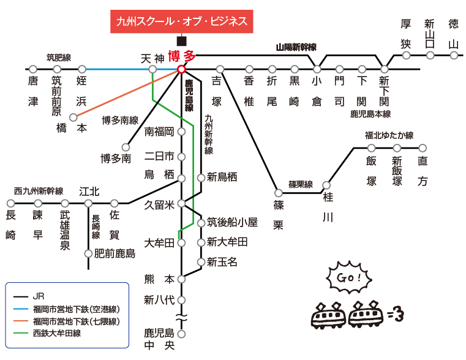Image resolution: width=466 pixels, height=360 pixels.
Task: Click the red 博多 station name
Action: [x=182, y=56]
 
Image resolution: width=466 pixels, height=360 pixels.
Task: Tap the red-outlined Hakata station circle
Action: [x=181, y=70]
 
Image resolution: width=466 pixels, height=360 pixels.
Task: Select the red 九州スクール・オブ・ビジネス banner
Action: [x=182, y=21]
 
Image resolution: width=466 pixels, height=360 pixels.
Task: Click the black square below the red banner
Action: [x=182, y=41]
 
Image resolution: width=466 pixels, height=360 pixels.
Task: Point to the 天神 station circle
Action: [x=152, y=70]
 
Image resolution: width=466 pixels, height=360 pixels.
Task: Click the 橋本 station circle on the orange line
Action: [x=73, y=118]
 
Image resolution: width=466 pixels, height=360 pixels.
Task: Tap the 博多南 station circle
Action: [x=126, y=147]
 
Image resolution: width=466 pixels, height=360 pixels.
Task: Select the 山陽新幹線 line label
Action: [x=296, y=47]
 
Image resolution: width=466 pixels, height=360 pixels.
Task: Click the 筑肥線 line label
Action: [x=59, y=58]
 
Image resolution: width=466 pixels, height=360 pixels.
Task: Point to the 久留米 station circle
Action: [x=181, y=203]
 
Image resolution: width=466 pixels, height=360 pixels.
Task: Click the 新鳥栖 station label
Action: [x=222, y=178]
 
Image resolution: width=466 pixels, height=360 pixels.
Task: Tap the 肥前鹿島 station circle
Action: [x=88, y=253]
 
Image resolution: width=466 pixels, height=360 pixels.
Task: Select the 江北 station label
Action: [x=89, y=192]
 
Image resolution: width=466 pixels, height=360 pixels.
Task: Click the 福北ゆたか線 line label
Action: [x=389, y=135]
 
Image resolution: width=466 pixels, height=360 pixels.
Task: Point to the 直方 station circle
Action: [x=423, y=148]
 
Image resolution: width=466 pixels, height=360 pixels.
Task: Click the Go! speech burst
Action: [x=349, y=278]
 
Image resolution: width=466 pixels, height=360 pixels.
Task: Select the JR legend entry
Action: [x=29, y=296]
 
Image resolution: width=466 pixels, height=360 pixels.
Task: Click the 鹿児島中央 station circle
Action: [x=181, y=334]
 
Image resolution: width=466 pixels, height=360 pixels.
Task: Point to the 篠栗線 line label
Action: [x=301, y=184]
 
